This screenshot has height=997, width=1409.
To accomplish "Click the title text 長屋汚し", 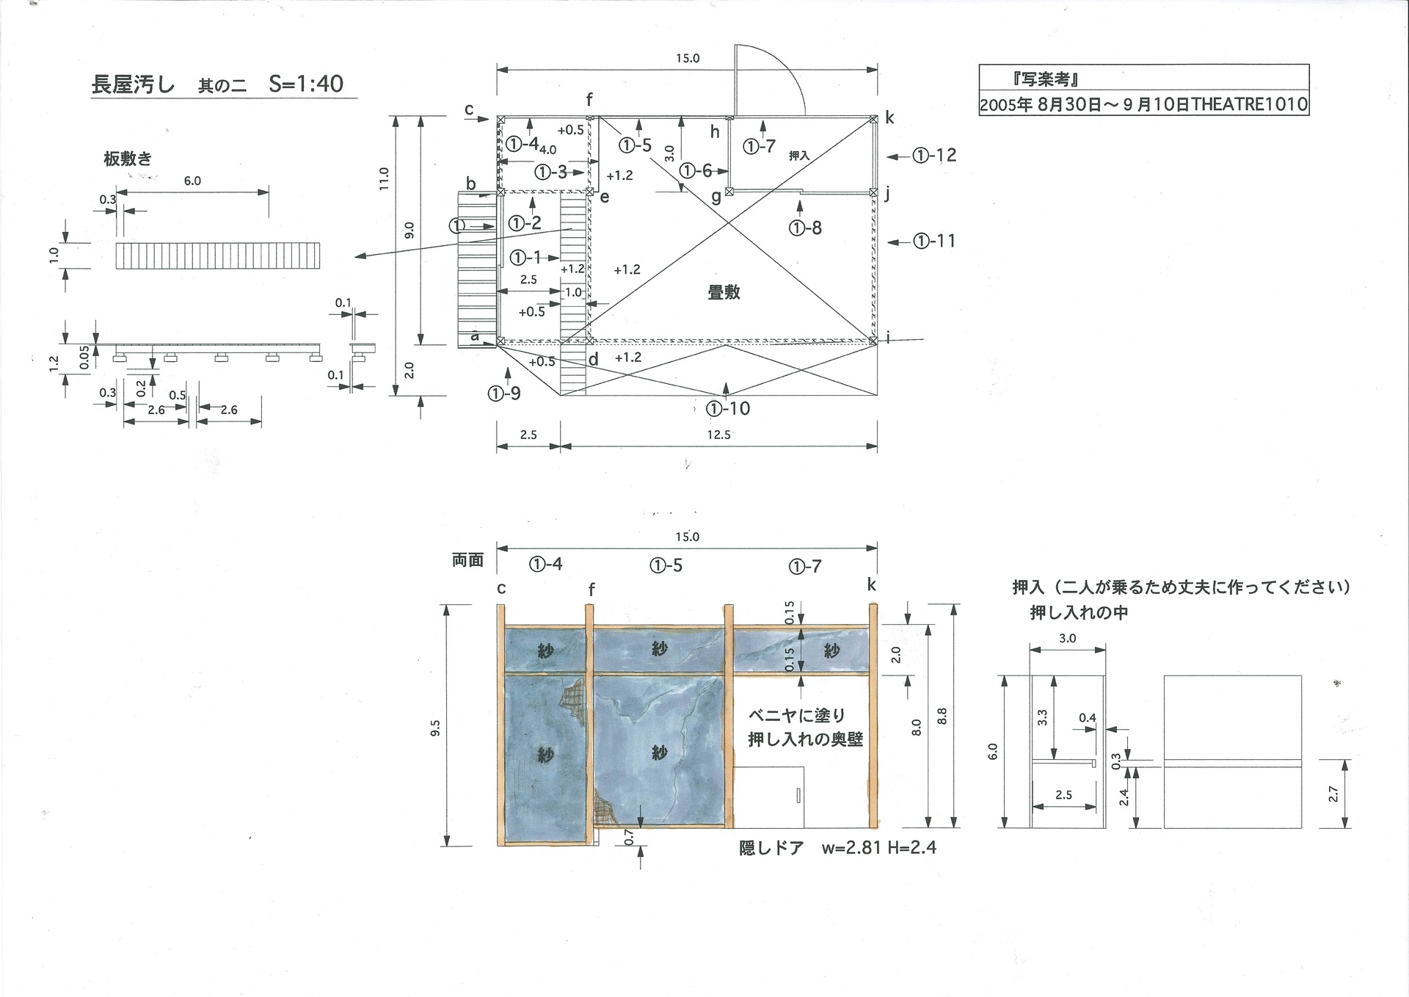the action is [133, 84].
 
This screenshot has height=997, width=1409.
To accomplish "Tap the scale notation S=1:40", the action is [306, 84].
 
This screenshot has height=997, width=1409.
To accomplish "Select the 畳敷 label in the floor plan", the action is [724, 292].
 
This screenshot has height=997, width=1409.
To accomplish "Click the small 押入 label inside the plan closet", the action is [799, 156].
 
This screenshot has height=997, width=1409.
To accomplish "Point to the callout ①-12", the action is [935, 155].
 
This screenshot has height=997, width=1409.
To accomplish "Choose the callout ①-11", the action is [934, 241].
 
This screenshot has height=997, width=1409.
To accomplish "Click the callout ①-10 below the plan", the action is [728, 408].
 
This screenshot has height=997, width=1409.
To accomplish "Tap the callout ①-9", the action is [504, 394].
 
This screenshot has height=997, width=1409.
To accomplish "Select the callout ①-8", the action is [805, 228].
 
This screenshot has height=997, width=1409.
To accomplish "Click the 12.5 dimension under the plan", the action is [719, 435].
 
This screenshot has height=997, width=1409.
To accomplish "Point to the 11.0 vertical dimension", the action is [384, 180].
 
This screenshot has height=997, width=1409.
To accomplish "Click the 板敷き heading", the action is [128, 159].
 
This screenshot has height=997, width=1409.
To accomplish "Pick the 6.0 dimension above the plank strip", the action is [192, 181].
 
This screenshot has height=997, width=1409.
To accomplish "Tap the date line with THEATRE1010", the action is [1143, 105].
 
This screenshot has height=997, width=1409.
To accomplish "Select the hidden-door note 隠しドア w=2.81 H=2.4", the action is [837, 848].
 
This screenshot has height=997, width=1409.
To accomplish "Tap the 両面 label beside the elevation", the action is [467, 560].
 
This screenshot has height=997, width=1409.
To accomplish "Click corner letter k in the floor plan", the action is [889, 117].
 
